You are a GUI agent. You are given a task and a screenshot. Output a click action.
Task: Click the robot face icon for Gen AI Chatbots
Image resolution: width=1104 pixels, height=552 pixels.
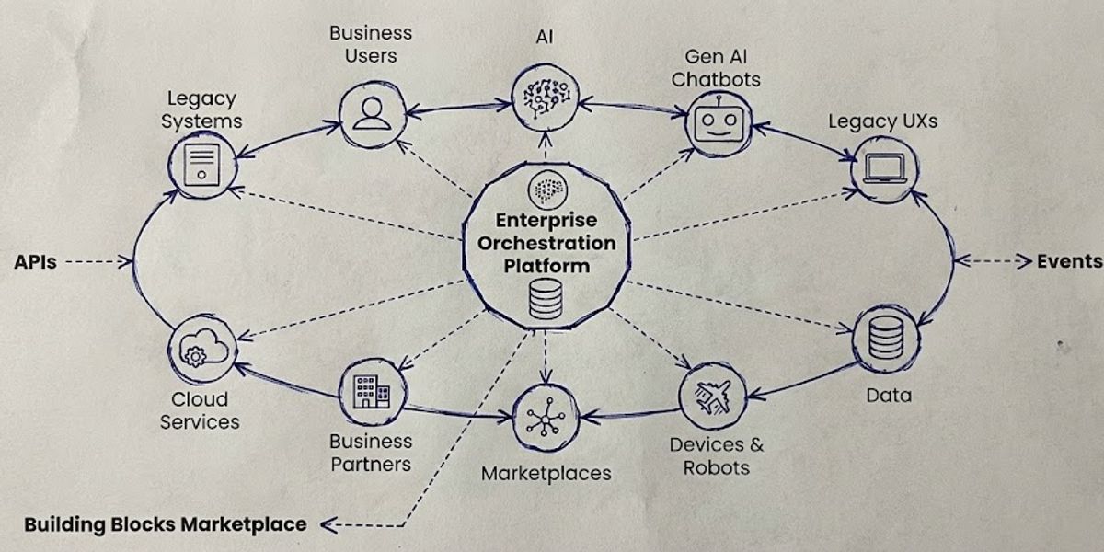click(x=719, y=121)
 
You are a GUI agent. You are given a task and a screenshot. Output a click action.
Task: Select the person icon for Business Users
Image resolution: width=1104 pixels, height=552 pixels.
click(x=371, y=114)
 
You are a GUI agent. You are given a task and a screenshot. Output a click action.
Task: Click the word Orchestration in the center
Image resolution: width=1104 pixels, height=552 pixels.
click(x=546, y=243)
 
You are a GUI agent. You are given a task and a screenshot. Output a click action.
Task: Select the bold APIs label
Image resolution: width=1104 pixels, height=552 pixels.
click(x=35, y=262)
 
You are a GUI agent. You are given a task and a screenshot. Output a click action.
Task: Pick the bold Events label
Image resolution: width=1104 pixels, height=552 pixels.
click(x=1069, y=261)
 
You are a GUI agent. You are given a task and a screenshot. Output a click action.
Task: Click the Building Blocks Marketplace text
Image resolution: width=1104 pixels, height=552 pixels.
click(x=166, y=525)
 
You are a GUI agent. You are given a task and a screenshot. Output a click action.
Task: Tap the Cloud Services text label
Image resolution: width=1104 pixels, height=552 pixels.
click(x=200, y=411)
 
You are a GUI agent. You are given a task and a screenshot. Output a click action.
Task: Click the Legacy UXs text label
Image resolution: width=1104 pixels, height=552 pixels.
click(x=882, y=121)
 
